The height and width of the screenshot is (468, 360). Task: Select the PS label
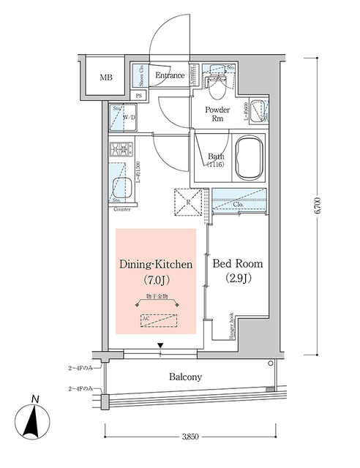[x=140, y=96]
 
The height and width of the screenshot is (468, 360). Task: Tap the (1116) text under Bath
[x=216, y=165]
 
